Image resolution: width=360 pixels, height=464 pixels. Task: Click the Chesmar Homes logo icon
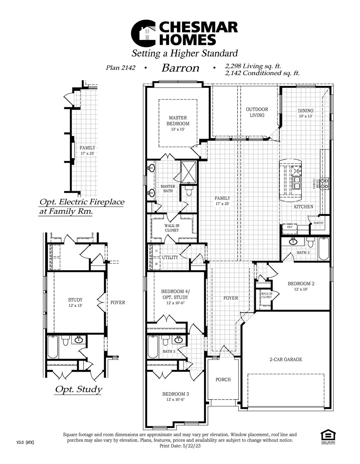143,33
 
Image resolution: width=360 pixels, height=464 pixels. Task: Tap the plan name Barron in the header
180,68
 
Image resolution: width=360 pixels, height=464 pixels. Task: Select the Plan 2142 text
120,68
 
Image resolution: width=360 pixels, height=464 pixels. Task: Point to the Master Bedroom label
178,121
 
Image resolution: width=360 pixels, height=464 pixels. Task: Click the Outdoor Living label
257,112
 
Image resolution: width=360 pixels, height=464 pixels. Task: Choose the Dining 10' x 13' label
305,113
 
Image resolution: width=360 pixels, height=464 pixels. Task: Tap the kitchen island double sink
296,183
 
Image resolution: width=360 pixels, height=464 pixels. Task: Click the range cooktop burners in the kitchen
324,184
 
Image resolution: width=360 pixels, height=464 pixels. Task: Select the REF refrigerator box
290,227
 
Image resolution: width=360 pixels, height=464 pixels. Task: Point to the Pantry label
318,223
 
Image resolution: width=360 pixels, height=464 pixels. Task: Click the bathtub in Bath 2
323,249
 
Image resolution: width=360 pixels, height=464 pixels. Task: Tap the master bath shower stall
189,172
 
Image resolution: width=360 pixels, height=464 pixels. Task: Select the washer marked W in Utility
156,263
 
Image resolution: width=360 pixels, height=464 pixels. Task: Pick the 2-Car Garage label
285,359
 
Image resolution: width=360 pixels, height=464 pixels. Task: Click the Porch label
223,380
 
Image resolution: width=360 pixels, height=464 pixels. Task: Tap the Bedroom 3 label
176,394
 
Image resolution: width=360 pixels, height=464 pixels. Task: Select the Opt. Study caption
78,389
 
